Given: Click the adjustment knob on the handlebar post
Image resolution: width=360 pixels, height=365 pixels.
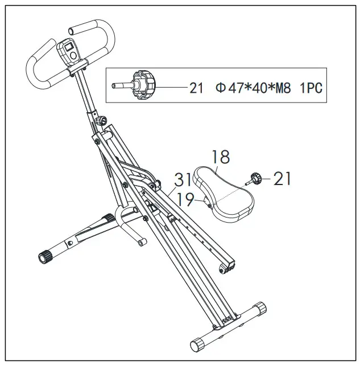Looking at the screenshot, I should click(x=104, y=121).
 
